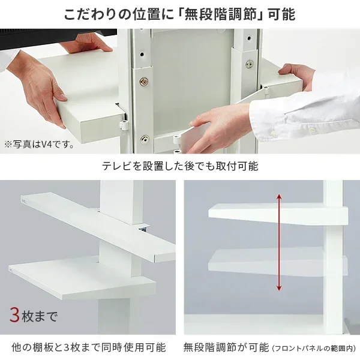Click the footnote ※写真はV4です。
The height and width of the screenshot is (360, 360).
(x=39, y=145)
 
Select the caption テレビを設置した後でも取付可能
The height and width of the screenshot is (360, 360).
(x=180, y=166)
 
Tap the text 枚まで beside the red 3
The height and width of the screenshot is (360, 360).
(x=40, y=316)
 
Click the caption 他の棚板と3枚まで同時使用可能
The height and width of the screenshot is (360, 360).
(x=89, y=347)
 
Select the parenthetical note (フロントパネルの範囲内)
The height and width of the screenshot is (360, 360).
(x=314, y=348)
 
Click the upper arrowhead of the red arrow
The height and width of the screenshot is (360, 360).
(x=279, y=197)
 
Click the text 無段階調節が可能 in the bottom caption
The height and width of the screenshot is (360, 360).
(x=226, y=347)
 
